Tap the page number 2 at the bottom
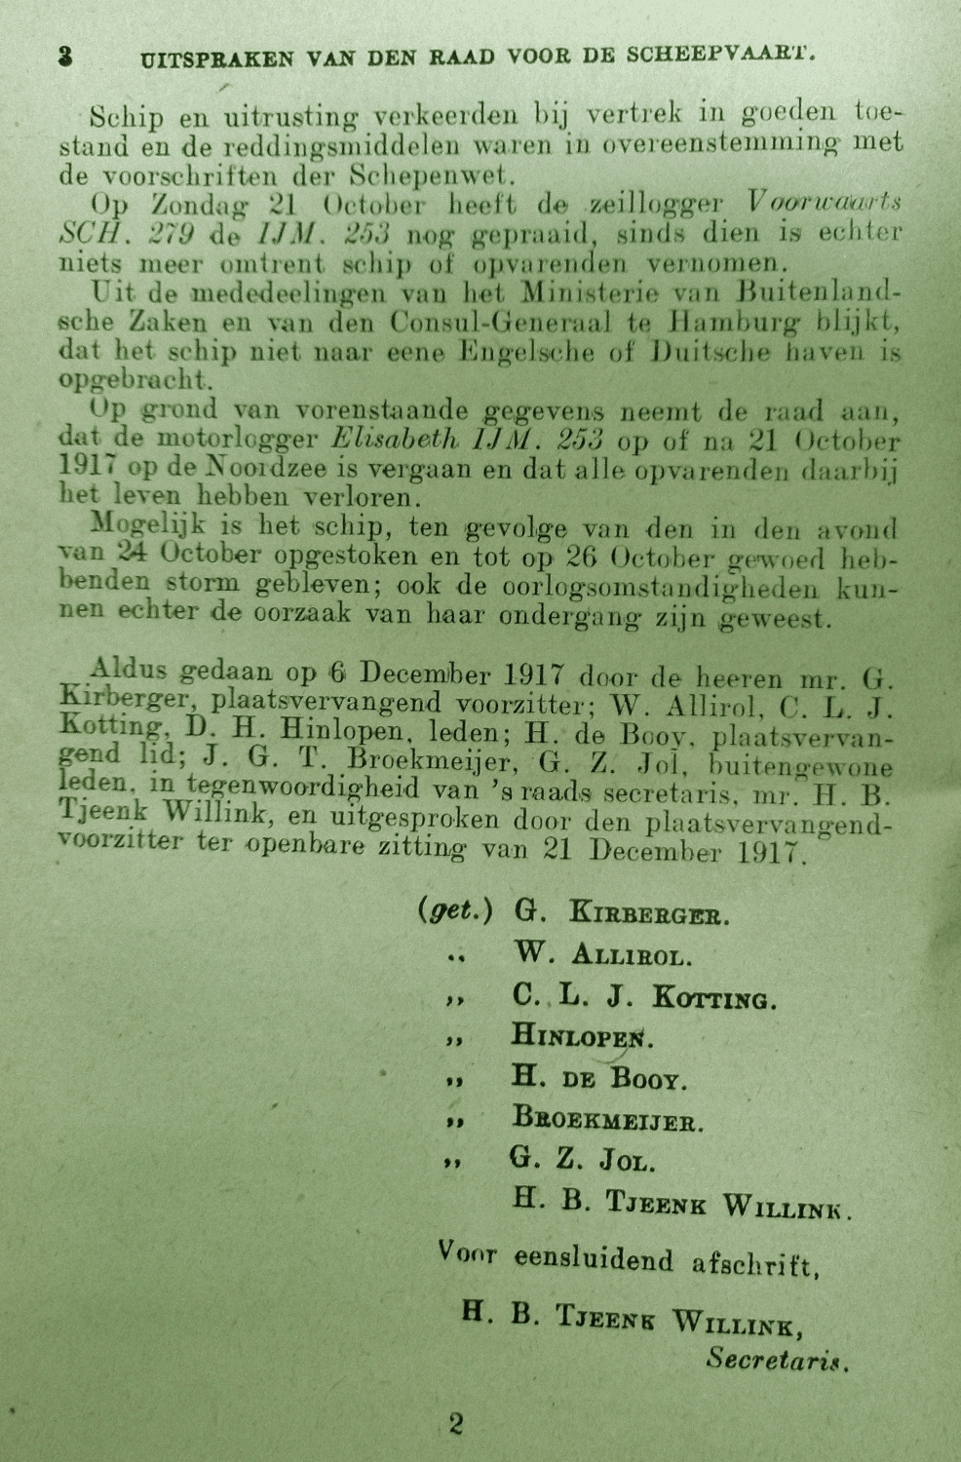(456, 1424)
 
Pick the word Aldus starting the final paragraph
(132, 673)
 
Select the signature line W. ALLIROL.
(602, 955)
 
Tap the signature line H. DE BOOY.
(599, 1078)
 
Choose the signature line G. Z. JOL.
(582, 1161)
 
